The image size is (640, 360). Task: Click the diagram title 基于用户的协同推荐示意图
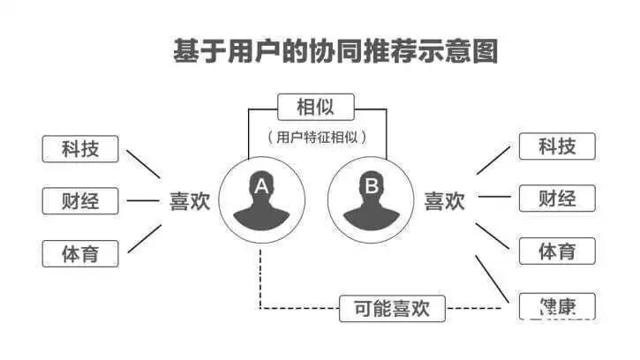pyautogui.click(x=335, y=50)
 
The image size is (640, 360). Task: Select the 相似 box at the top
pyautogui.click(x=315, y=108)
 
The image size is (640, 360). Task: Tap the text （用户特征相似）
pyautogui.click(x=316, y=137)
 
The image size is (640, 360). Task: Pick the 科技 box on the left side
pyautogui.click(x=80, y=149)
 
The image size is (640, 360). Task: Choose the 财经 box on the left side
pyautogui.click(x=80, y=200)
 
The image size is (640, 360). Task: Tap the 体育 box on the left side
pyautogui.click(x=80, y=253)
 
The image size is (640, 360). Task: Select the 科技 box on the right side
pyautogui.click(x=557, y=146)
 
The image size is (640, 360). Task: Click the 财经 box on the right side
pyautogui.click(x=557, y=198)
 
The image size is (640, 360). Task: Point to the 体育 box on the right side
pyautogui.click(x=557, y=251)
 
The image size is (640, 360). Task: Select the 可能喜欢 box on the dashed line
pyautogui.click(x=392, y=308)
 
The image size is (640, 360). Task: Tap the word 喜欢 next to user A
pyautogui.click(x=190, y=201)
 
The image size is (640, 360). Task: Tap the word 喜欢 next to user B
pyautogui.click(x=445, y=201)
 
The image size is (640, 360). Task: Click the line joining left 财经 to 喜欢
pyautogui.click(x=142, y=200)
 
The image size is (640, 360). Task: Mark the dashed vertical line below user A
pyautogui.click(x=260, y=278)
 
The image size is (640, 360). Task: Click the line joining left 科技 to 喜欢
pyautogui.click(x=143, y=163)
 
